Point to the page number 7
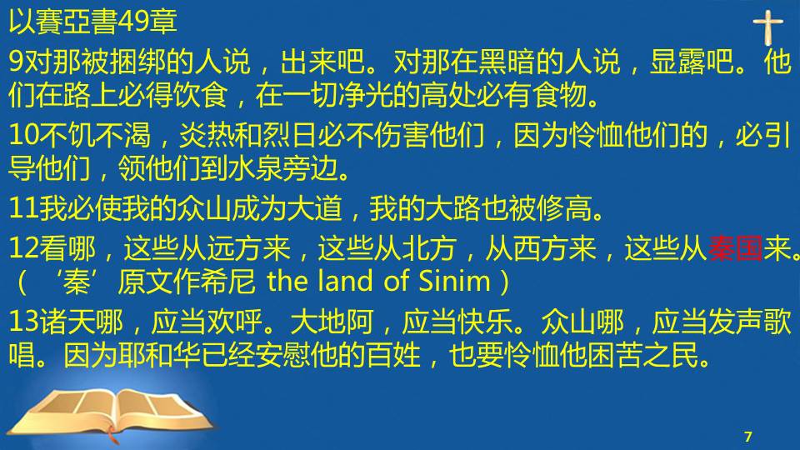point(748,436)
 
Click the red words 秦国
point(735,248)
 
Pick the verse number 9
point(17,61)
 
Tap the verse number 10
point(23,135)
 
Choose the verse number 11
point(23,208)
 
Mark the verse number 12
point(23,248)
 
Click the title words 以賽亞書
point(63,22)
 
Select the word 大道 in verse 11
point(314,208)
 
